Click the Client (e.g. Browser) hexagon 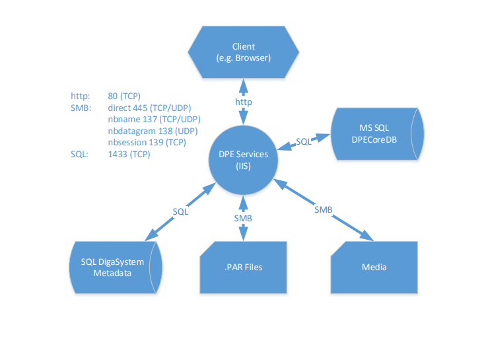coord(243,52)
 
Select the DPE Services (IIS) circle coord(243,160)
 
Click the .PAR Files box coord(243,268)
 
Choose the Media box coord(374,268)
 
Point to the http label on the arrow coord(244,102)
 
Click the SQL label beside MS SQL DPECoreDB coord(303,141)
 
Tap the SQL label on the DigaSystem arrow coord(180,212)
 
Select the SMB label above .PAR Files coord(243,218)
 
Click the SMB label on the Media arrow coord(323,209)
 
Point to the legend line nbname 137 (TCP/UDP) coord(154,120)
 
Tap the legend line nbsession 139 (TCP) coord(147,143)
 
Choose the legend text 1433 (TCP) coord(129,155)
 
